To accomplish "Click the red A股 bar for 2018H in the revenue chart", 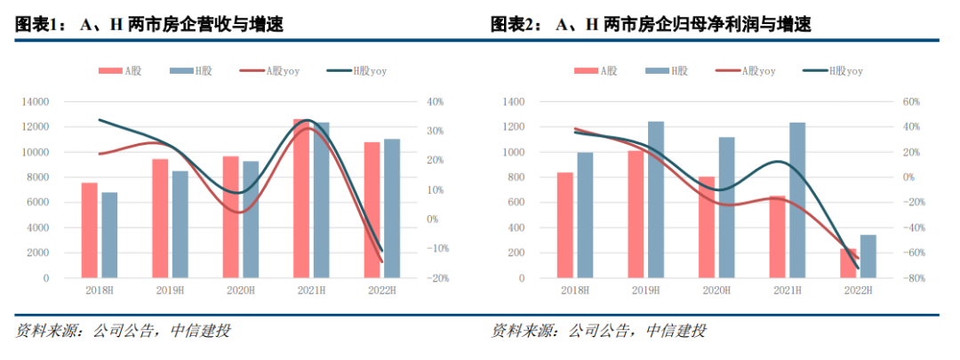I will [x=90, y=230].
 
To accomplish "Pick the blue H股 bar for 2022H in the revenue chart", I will [x=391, y=208].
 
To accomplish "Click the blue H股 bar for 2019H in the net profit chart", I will [x=656, y=200].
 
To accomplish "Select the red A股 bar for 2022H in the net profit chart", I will [x=849, y=263].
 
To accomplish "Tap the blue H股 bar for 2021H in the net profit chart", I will [x=796, y=200].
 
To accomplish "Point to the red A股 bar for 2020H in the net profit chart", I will [x=707, y=228].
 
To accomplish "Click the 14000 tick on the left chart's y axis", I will [x=36, y=102].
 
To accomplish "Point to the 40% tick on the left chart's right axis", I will [x=436, y=102].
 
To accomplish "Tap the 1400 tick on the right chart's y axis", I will [x=515, y=102].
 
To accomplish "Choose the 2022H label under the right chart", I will [x=858, y=290].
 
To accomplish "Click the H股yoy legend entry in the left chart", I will [x=356, y=71].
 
